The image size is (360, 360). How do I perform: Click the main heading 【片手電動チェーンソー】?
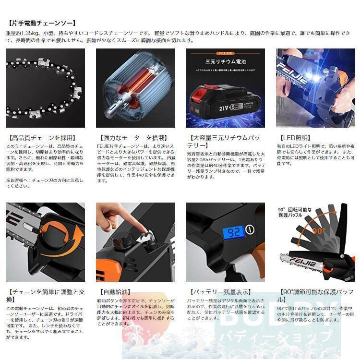(x=42, y=23)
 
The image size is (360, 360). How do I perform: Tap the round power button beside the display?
(x=250, y=230)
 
